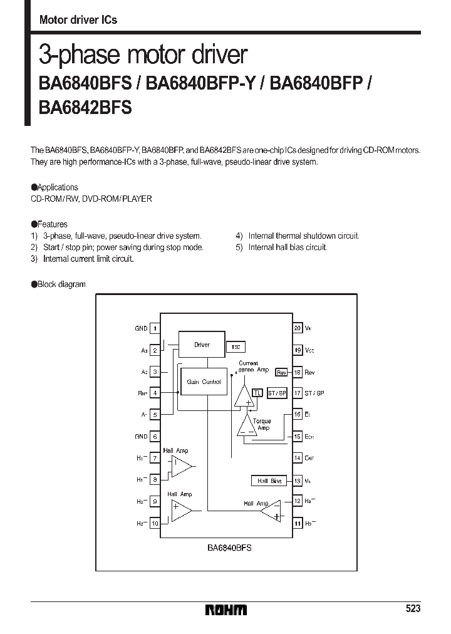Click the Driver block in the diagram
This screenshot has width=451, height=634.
(202, 345)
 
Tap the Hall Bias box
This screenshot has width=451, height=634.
(268, 481)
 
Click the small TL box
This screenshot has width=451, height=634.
(257, 393)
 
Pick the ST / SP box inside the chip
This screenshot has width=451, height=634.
(276, 393)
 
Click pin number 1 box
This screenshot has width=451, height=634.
(155, 328)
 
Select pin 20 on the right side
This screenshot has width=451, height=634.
(298, 328)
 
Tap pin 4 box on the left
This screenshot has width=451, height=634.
(155, 393)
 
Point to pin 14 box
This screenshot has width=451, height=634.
(298, 458)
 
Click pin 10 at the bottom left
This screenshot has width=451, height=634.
(155, 523)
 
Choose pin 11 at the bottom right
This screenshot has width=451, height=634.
(298, 523)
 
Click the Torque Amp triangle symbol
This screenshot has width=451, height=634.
(246, 425)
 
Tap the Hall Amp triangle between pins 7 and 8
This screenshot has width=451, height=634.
(182, 465)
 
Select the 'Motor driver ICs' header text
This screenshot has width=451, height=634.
(78, 20)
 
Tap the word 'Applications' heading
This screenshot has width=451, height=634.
(58, 187)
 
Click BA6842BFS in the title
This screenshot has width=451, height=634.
(85, 107)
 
